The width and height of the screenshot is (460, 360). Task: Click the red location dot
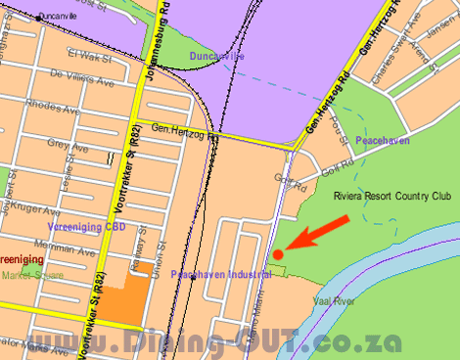pyautogui.click(x=277, y=254)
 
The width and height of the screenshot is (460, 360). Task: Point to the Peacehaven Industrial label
pyautogui.click(x=220, y=276)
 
